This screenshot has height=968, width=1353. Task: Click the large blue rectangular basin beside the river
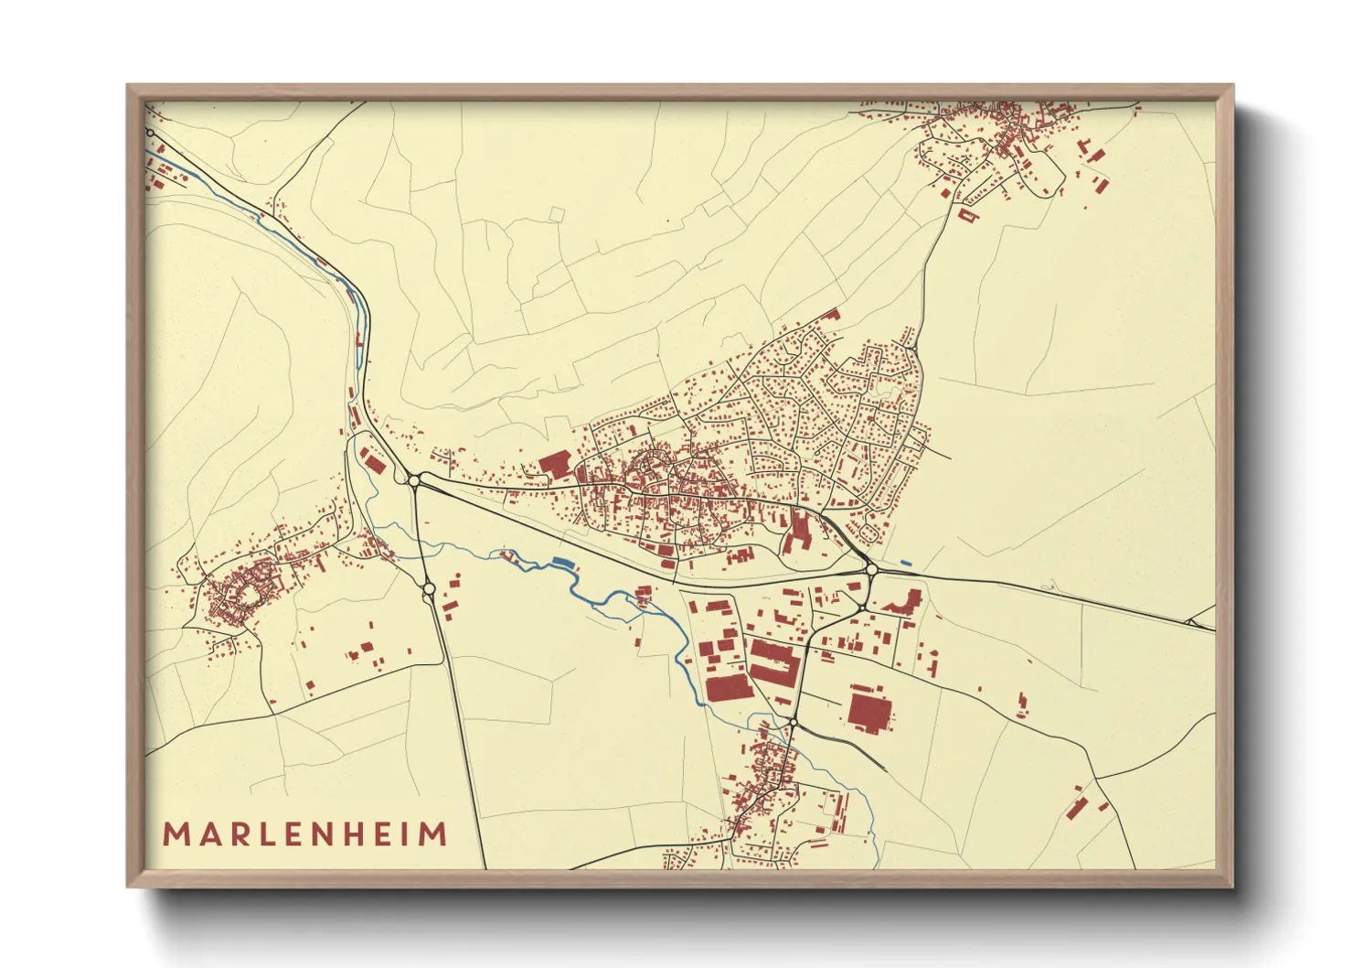point(560,561)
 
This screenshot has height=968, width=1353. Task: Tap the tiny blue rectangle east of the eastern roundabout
point(905,562)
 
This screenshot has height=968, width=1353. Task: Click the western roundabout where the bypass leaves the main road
point(414,479)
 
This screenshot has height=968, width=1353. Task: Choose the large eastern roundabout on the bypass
point(871,569)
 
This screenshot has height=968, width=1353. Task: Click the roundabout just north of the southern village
point(793,724)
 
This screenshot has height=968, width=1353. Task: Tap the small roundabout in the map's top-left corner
point(151,133)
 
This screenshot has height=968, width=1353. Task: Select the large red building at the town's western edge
point(555,464)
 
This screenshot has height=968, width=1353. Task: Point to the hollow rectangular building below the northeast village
point(968,216)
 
